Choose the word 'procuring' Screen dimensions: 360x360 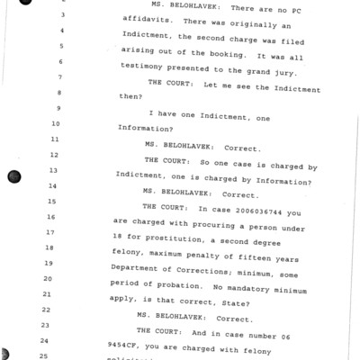coord(217,219)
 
